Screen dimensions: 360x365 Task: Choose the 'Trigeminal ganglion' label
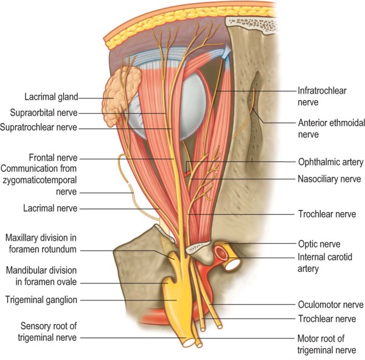[x=43, y=299]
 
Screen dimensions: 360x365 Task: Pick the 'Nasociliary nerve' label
[x=330, y=179]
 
